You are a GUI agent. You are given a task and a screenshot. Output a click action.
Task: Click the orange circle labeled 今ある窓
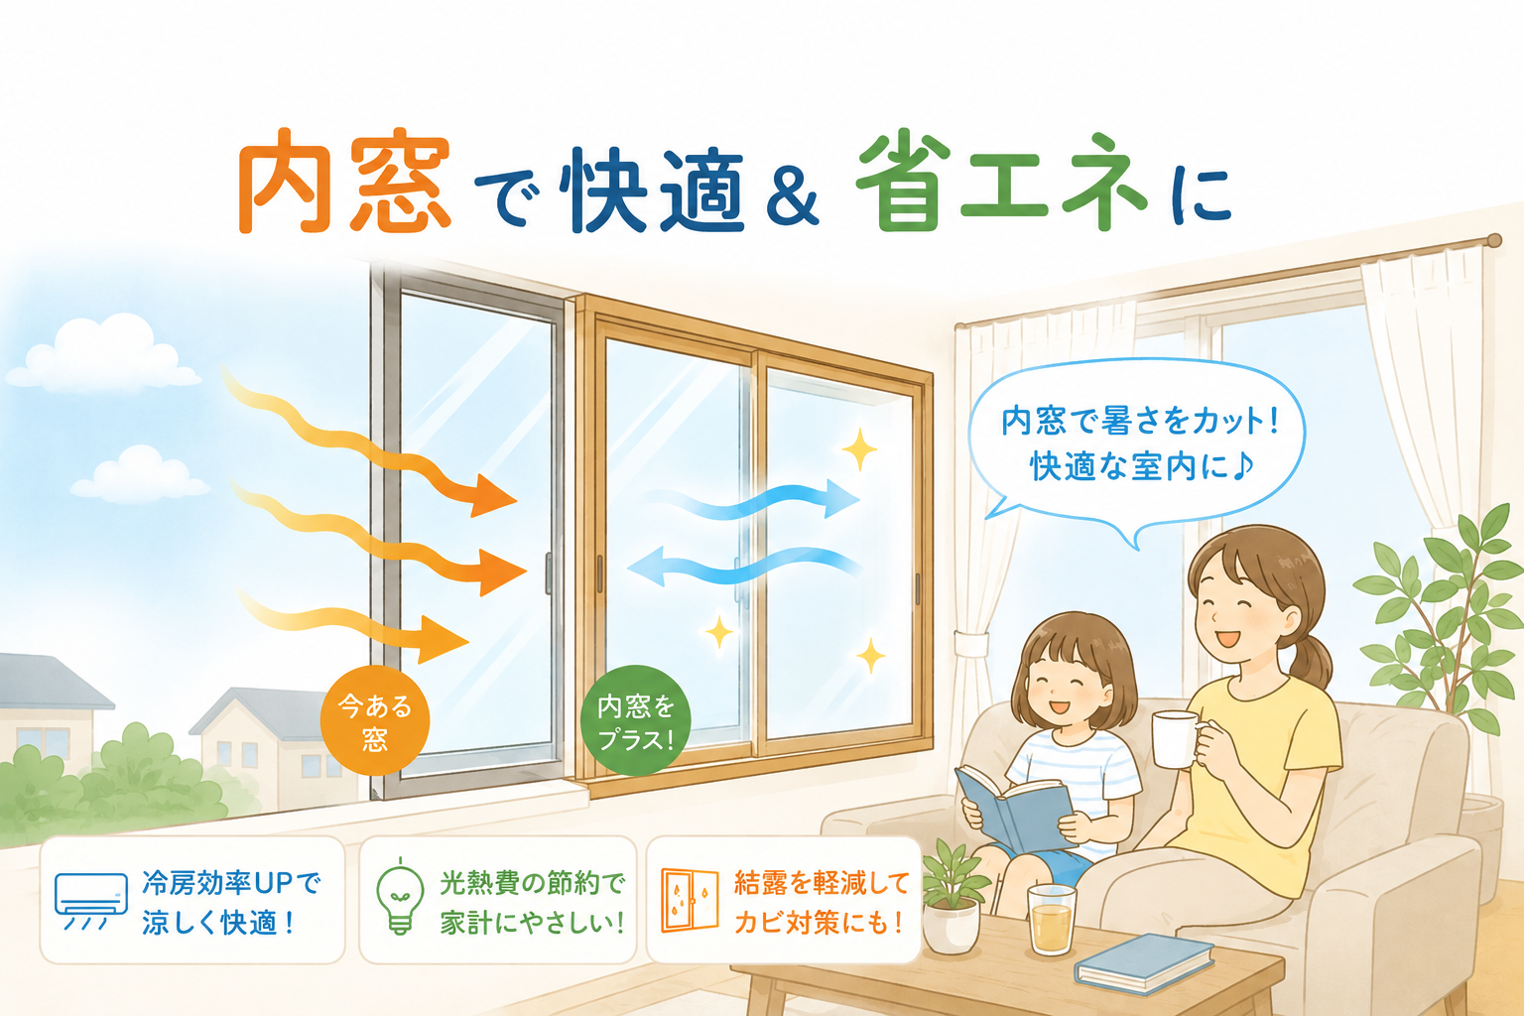(x=375, y=720)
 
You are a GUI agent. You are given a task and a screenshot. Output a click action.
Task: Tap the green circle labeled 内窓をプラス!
(x=635, y=720)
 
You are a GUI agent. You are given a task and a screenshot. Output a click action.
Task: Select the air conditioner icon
(x=91, y=901)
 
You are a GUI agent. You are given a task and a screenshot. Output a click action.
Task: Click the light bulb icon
(x=400, y=898)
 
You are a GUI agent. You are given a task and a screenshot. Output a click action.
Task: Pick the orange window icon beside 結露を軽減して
(x=690, y=900)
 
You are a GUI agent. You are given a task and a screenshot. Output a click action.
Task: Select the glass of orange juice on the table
(x=1052, y=920)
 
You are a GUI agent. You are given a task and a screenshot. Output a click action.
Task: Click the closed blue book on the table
(x=1144, y=963)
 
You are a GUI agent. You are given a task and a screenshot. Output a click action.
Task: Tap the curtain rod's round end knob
(x=1494, y=240)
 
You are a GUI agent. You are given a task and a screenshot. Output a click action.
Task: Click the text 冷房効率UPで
(x=231, y=883)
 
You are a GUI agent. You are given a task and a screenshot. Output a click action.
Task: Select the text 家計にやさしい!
(x=532, y=923)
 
